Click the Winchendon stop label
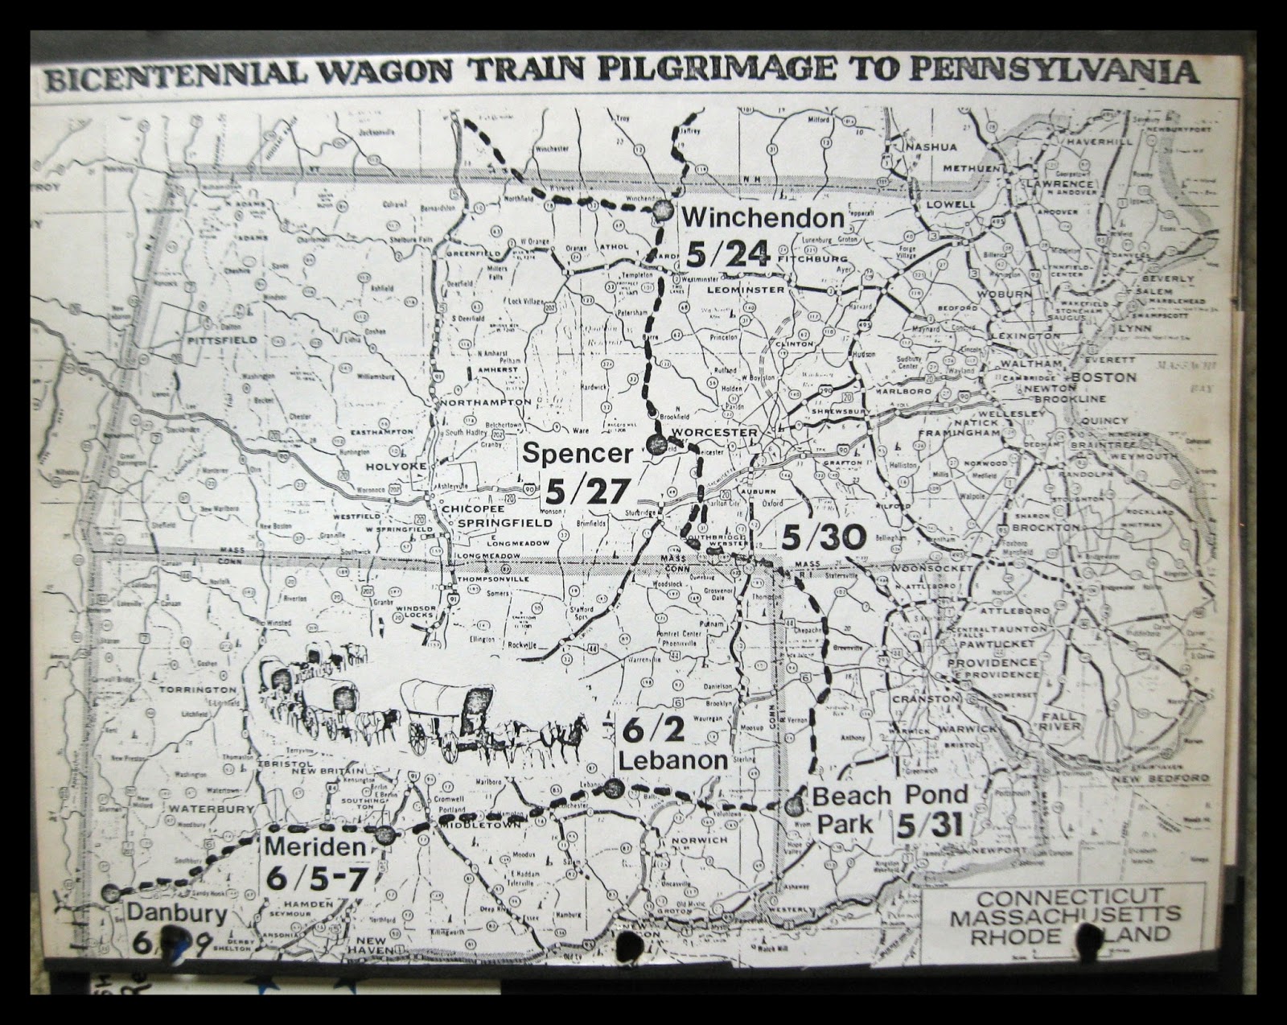(x=763, y=217)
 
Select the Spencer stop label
(x=578, y=453)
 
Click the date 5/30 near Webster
(x=822, y=535)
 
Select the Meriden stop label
(x=315, y=846)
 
